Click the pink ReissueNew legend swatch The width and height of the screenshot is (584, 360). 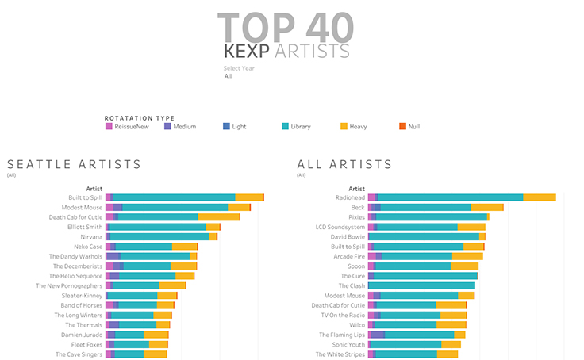(x=109, y=126)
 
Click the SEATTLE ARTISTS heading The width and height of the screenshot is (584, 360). (x=74, y=164)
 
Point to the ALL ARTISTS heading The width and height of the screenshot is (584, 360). (x=344, y=164)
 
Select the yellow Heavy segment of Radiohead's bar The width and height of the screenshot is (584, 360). (x=540, y=197)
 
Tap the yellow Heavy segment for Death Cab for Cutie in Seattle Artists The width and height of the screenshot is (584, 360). (x=218, y=216)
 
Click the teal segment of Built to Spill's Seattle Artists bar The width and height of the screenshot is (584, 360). (x=174, y=197)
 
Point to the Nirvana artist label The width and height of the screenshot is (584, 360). (x=91, y=236)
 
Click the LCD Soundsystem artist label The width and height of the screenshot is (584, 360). (x=341, y=227)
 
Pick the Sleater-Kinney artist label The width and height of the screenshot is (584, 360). (x=82, y=295)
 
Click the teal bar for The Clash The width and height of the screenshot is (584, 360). (x=421, y=285)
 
